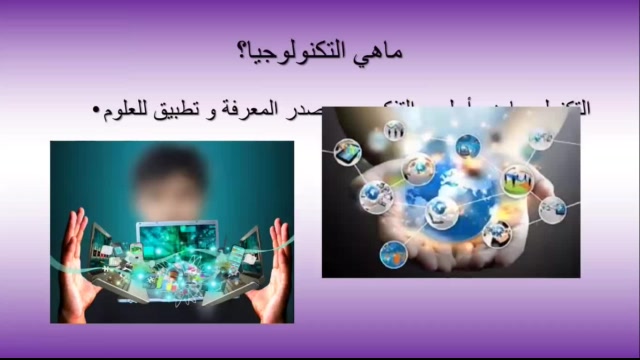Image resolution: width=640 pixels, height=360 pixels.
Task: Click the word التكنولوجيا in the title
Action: [x=299, y=51]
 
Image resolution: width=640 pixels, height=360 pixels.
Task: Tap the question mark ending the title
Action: [x=245, y=51]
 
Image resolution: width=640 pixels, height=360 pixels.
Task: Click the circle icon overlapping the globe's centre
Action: [x=441, y=211]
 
